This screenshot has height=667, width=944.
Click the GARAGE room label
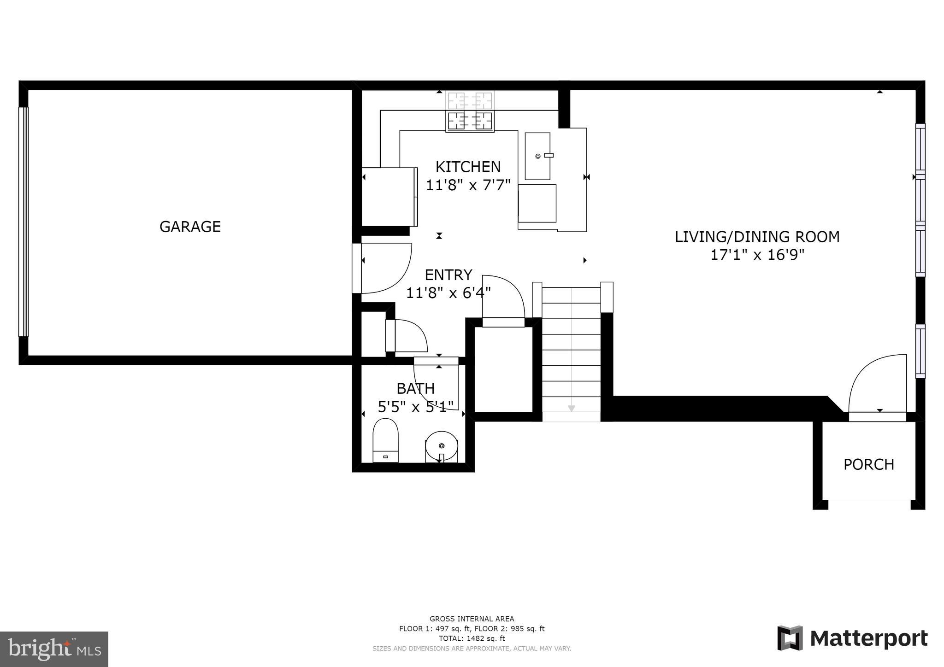190,227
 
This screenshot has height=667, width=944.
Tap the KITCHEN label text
468,167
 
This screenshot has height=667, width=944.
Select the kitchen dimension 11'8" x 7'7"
468,185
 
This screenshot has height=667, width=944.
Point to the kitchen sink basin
537,156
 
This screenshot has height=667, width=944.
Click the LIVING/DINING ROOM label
757,237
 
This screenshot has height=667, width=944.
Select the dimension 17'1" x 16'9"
757,255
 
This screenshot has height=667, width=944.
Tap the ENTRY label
448,275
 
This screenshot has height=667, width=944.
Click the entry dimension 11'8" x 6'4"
448,293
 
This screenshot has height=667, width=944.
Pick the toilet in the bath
385,440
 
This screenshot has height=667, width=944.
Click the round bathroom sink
442,446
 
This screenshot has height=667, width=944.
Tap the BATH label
415,389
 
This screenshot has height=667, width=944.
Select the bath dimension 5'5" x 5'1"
415,407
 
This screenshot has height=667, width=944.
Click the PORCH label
868,464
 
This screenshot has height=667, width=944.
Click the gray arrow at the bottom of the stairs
572,408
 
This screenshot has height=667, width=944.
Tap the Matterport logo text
868,638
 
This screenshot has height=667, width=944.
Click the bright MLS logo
54,649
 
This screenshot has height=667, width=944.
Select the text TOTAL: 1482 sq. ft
472,638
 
